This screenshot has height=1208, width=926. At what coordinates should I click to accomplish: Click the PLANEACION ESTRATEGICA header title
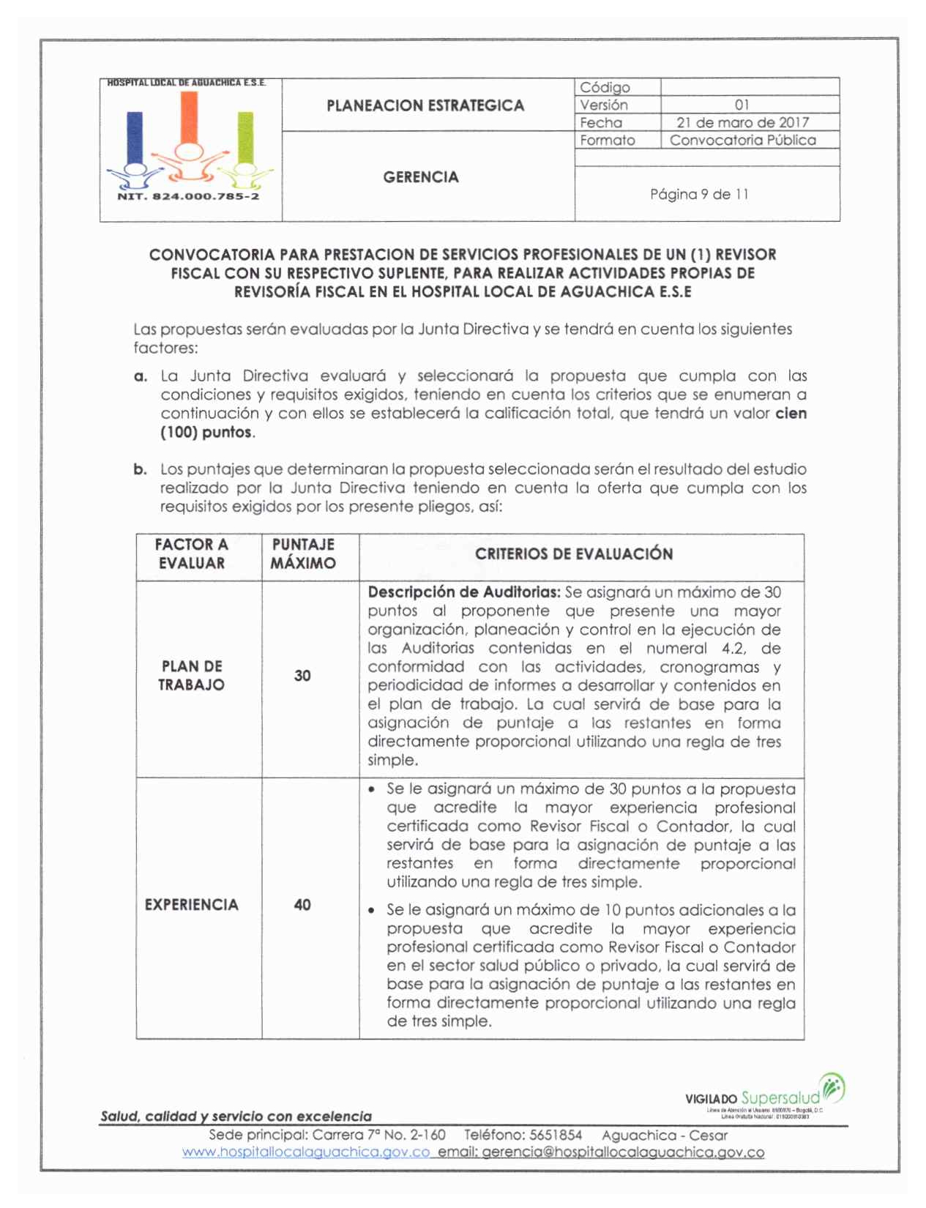[x=425, y=105]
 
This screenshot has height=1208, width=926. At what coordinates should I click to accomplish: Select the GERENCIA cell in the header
[x=421, y=177]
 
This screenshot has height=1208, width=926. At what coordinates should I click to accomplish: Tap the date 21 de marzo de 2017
[x=742, y=122]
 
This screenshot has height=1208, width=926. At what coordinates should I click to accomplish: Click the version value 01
[x=742, y=105]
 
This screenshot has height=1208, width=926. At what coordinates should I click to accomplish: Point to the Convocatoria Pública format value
[x=742, y=140]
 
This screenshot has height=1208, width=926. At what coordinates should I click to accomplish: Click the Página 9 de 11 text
[x=699, y=194]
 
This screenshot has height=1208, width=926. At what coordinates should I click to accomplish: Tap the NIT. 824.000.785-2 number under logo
[x=188, y=196]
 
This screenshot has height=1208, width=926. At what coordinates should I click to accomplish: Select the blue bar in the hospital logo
[x=135, y=137]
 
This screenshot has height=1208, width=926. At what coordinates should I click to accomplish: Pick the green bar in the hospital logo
[x=245, y=137]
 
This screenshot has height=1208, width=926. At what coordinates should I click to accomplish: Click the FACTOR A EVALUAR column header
[x=192, y=554]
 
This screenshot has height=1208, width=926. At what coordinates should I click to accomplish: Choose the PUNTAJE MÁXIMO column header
[x=303, y=554]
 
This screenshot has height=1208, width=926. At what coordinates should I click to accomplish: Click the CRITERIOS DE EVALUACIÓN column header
[x=574, y=554]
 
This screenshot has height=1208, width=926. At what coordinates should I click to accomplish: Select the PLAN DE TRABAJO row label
[x=192, y=676]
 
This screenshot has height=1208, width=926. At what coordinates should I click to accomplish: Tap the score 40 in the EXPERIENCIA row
[x=302, y=905]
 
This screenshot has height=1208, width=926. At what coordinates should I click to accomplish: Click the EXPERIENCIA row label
[x=192, y=905]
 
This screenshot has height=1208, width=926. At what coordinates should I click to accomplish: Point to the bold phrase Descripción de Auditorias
[x=464, y=592]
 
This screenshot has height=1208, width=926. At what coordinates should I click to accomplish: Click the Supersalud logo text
[x=780, y=1098]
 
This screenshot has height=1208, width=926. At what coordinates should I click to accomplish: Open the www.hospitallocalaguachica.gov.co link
[x=306, y=1152]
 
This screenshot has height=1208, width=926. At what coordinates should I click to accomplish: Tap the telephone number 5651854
[x=556, y=1136]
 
